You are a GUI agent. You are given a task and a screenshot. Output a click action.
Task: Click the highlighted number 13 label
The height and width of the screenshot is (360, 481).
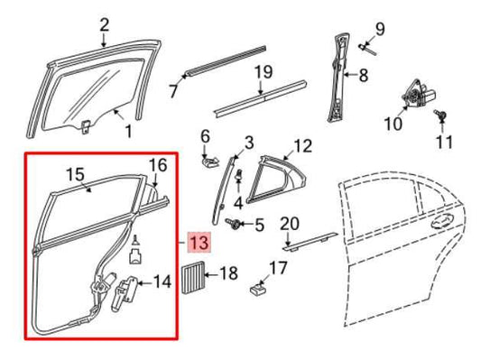click(198, 241)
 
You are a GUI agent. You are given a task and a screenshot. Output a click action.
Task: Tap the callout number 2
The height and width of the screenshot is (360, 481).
click(104, 23)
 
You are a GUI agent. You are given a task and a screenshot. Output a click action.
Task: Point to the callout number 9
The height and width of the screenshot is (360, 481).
click(380, 29)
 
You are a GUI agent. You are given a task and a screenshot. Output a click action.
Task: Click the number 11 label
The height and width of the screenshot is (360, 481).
click(443, 142)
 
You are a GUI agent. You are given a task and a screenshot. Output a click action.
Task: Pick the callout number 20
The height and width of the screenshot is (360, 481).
click(289, 224)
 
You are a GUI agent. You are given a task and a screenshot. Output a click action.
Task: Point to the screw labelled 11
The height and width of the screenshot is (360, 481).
click(441, 115)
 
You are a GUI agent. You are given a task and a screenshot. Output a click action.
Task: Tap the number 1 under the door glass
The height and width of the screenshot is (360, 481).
click(127, 132)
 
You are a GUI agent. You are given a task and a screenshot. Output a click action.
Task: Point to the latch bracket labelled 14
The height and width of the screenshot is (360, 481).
click(125, 290)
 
